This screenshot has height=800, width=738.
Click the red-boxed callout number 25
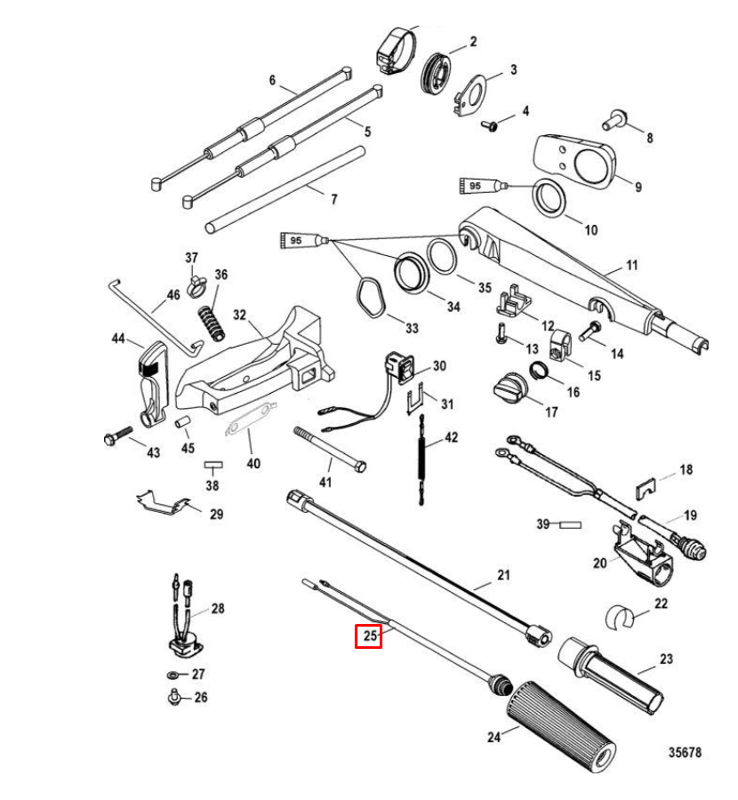[x=369, y=636]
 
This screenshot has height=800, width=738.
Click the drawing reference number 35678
[x=685, y=752]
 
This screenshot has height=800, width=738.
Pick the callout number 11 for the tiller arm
[x=632, y=266]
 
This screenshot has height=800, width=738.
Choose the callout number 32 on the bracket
[x=240, y=315]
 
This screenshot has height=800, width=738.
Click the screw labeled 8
[x=617, y=116]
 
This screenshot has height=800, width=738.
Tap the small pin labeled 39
[x=569, y=525]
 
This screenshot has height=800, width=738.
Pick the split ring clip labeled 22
[x=622, y=612]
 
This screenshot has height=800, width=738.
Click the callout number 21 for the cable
[x=504, y=576]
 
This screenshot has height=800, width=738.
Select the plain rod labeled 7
[x=285, y=192]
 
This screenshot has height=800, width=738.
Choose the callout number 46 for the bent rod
[x=172, y=295]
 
